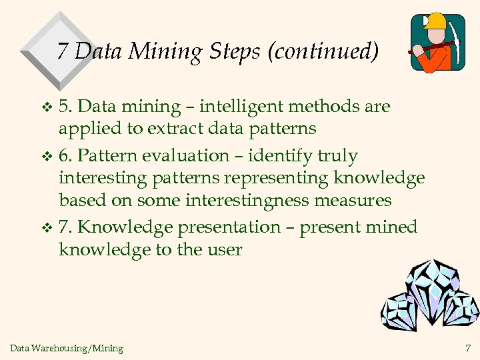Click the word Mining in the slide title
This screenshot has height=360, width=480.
[164, 51]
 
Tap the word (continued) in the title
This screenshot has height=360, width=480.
[323, 51]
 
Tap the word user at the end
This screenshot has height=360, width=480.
[224, 250]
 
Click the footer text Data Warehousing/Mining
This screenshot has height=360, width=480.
[67, 348]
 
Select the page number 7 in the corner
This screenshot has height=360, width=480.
[467, 347]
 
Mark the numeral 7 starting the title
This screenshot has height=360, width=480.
[63, 51]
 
